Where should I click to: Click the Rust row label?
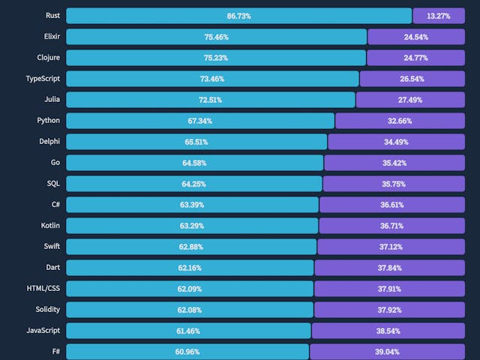(52, 15)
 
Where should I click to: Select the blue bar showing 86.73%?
(238, 16)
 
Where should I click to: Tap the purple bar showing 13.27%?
(439, 16)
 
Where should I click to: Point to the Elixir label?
(52, 36)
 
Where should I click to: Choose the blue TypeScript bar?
(212, 79)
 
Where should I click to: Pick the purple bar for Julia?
(411, 100)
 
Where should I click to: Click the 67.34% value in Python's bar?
(200, 121)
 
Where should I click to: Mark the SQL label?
(53, 183)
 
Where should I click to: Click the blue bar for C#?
(192, 205)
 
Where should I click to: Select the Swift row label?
(52, 246)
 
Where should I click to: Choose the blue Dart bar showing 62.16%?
(190, 268)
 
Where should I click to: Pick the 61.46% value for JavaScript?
(189, 331)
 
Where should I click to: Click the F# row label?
(56, 351)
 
